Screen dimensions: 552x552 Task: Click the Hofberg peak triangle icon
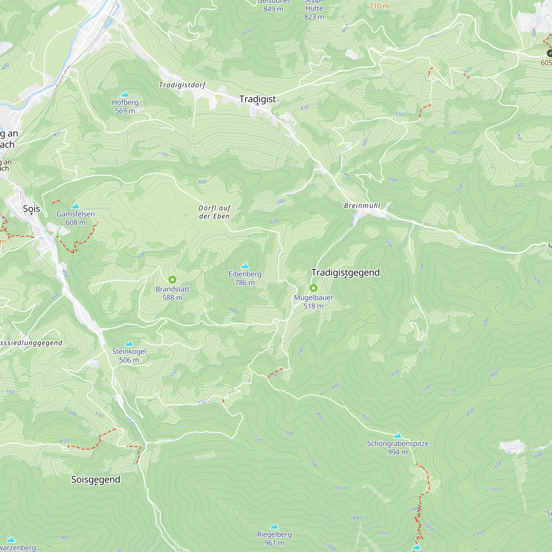click(x=125, y=94)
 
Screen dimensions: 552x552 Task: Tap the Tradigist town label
click(x=258, y=99)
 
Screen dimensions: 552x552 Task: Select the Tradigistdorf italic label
click(x=182, y=85)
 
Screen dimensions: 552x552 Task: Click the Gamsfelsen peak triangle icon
click(x=75, y=206)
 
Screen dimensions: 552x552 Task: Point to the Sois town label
click(x=31, y=209)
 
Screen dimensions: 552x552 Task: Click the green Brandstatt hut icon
click(x=172, y=279)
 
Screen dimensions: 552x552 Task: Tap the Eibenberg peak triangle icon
click(x=245, y=266)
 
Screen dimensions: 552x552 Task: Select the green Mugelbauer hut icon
click(x=314, y=288)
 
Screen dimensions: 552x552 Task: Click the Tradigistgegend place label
click(x=346, y=272)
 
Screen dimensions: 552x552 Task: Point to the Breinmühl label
click(x=362, y=206)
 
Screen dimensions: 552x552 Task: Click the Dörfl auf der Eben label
click(x=214, y=212)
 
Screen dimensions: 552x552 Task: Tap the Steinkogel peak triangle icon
click(x=129, y=343)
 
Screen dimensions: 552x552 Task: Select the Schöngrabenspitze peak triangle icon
click(x=398, y=436)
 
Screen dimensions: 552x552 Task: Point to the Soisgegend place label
click(x=96, y=479)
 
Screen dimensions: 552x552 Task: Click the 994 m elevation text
click(x=397, y=452)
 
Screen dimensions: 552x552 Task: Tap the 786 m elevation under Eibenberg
click(x=245, y=283)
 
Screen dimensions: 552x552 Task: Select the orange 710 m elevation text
click(x=379, y=6)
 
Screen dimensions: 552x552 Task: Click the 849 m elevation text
click(x=273, y=9)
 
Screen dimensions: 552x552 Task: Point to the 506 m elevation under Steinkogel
click(x=129, y=360)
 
